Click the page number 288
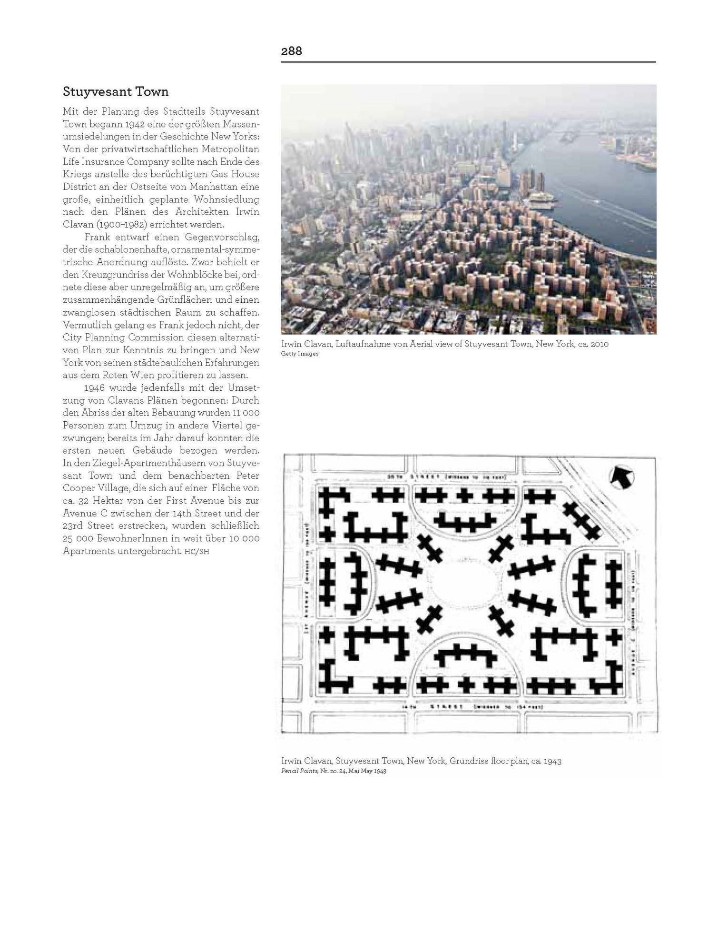click(x=291, y=51)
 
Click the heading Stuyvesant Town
click(x=116, y=91)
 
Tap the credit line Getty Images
click(x=300, y=354)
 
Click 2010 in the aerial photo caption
click(x=599, y=344)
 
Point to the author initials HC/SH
click(x=198, y=552)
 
